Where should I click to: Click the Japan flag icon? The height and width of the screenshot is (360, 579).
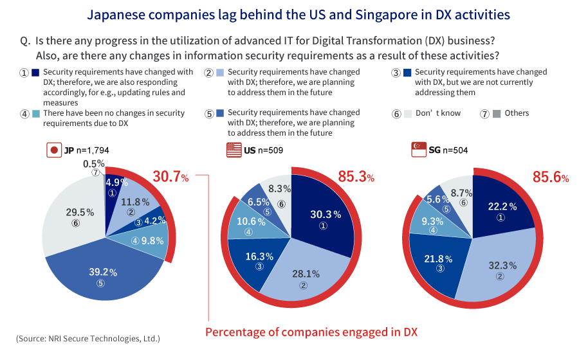53,150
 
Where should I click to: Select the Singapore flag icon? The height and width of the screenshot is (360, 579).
419,150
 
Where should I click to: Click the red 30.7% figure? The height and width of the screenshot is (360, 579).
170,176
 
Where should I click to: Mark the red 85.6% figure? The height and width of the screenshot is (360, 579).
549,176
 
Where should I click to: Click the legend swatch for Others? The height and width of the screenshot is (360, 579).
496,114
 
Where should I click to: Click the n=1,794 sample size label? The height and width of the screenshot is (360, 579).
92,150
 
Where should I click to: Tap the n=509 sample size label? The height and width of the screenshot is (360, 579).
270,150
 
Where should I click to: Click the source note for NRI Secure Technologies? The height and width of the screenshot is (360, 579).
88,338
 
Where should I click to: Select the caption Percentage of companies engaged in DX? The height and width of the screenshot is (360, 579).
311,332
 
